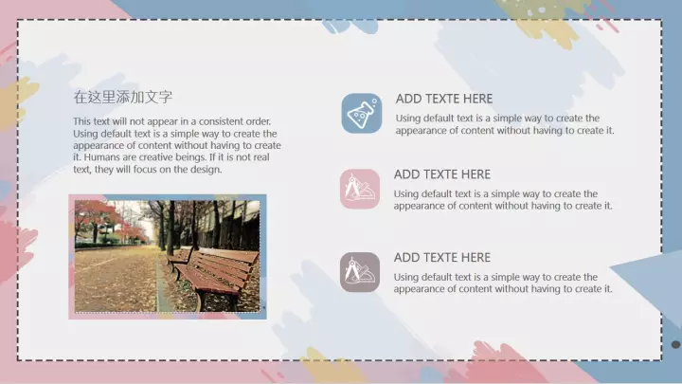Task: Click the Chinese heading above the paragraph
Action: [x=122, y=97]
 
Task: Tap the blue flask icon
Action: [x=362, y=113]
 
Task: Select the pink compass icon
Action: [x=360, y=189]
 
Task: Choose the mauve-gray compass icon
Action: [x=360, y=272]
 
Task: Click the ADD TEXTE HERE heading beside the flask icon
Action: [x=444, y=99]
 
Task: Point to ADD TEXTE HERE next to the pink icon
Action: [x=442, y=174]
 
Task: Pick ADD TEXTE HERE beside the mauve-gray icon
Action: [x=442, y=257]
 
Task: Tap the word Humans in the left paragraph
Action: [x=100, y=157]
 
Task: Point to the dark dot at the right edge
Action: [x=675, y=344]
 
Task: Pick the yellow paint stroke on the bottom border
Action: [x=330, y=367]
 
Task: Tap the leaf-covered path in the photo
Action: [x=117, y=279]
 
